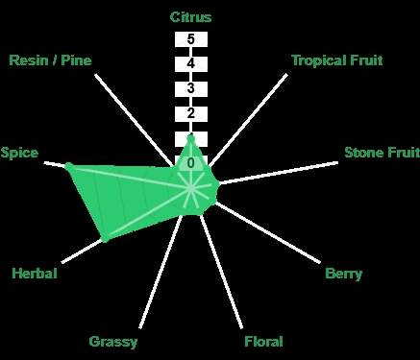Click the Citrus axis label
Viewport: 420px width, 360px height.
point(190,17)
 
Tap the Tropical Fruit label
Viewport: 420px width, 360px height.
point(337,60)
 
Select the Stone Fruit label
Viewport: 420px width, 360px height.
point(382,153)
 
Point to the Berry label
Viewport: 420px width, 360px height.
point(344,274)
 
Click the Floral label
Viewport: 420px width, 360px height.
point(263,342)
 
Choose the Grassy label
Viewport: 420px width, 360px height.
point(113,342)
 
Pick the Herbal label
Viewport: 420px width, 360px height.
point(35,274)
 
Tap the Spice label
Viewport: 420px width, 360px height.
point(19,153)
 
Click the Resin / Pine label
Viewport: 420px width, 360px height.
point(50,60)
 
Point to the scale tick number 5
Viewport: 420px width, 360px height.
point(191,39)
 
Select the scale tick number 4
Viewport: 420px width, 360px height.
point(191,63)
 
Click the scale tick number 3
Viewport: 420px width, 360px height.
point(191,88)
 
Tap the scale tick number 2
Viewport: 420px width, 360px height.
point(191,113)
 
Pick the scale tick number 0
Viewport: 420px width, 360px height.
point(191,163)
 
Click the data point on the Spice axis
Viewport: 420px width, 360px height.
point(69,166)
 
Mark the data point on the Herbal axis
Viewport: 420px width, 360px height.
point(105,238)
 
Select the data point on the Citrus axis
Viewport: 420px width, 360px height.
point(191,139)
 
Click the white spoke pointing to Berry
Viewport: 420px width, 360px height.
point(268,233)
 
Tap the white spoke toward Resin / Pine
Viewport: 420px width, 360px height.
point(134,120)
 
